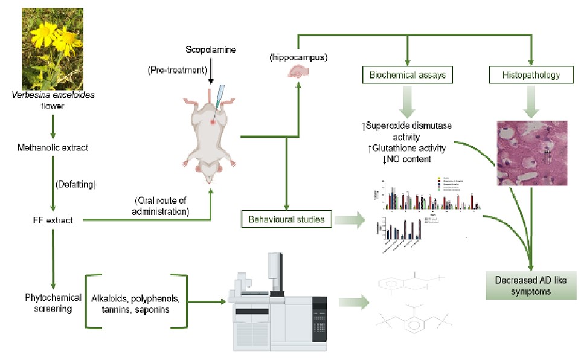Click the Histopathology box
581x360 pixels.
531,75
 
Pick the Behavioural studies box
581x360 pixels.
286,219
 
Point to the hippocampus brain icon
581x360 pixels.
299,71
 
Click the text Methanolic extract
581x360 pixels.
53,147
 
